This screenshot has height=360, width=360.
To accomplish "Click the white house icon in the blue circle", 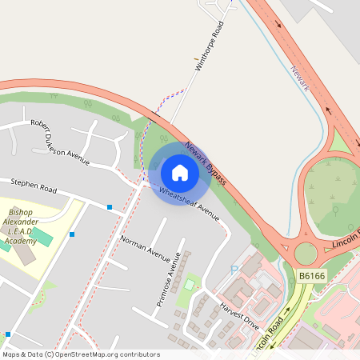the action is coord(180,172).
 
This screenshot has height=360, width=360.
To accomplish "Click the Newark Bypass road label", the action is coord(206,164).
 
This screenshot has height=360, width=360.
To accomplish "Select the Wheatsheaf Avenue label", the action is coord(189,203).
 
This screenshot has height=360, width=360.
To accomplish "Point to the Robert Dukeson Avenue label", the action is coord(59,141).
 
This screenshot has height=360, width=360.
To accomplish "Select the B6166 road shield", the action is coord(313,276).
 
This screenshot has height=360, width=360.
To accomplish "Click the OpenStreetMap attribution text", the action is coord(80,354).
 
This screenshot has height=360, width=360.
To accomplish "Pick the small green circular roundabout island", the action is coord(306,254).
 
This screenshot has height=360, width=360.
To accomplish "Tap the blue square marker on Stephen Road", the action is coord(110,207).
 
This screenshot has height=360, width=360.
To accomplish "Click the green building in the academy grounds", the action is coord(42,237).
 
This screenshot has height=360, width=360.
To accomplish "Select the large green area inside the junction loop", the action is coord(336,196).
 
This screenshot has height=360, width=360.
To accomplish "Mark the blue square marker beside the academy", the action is coord(72,234).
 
